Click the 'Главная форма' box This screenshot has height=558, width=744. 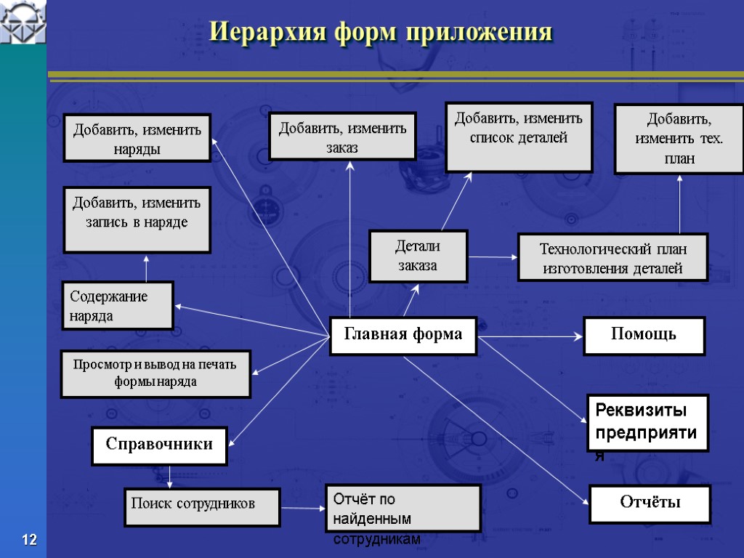[x=403, y=336]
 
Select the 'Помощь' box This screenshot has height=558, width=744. [x=644, y=336]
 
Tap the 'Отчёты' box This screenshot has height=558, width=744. [x=649, y=504]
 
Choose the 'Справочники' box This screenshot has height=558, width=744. [x=159, y=445]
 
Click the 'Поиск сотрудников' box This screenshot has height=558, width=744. [x=201, y=506]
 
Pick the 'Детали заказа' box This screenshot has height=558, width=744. [x=418, y=256]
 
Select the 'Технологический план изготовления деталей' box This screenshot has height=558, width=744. [x=612, y=257]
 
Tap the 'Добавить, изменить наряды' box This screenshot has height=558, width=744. [x=137, y=137]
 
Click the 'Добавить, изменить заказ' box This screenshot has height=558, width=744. [x=342, y=136]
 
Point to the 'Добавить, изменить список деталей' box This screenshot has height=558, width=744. [x=519, y=137]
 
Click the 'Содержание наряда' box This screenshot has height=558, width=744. [x=118, y=305]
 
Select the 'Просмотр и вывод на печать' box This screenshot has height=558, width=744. [x=155, y=373]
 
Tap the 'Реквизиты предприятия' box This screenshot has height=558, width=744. [x=647, y=423]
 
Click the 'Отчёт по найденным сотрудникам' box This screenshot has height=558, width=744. [x=403, y=509]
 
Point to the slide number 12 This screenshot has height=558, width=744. [x=29, y=540]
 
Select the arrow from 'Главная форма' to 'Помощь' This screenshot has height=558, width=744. [x=530, y=336]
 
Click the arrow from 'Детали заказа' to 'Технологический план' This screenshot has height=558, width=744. [x=493, y=256]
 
